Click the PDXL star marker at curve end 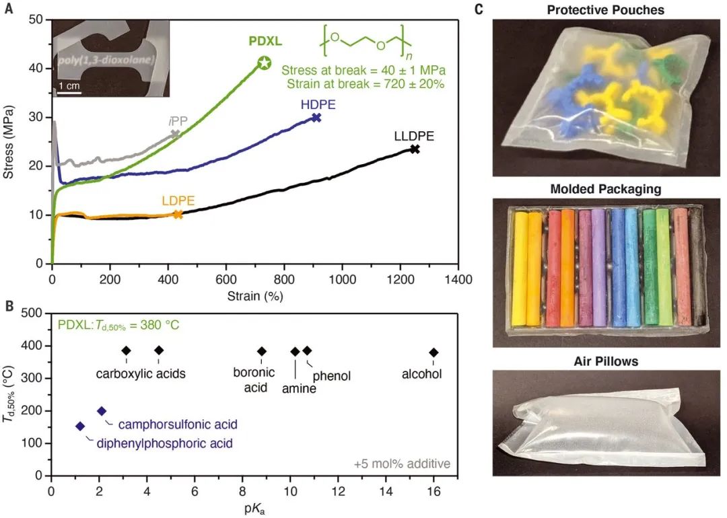point(265,63)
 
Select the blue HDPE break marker point(316,118)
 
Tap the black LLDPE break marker point(415,149)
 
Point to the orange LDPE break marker point(178,215)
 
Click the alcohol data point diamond point(434,353)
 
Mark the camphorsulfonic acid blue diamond point(102,411)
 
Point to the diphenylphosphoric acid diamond point(80,426)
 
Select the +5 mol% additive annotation point(402,464)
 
